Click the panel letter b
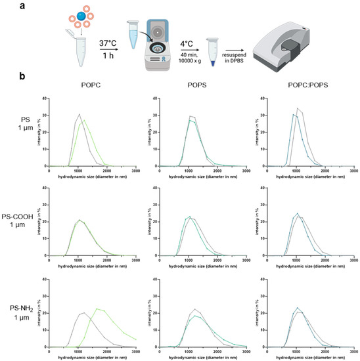coord(5,77)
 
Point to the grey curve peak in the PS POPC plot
coord(79,115)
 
